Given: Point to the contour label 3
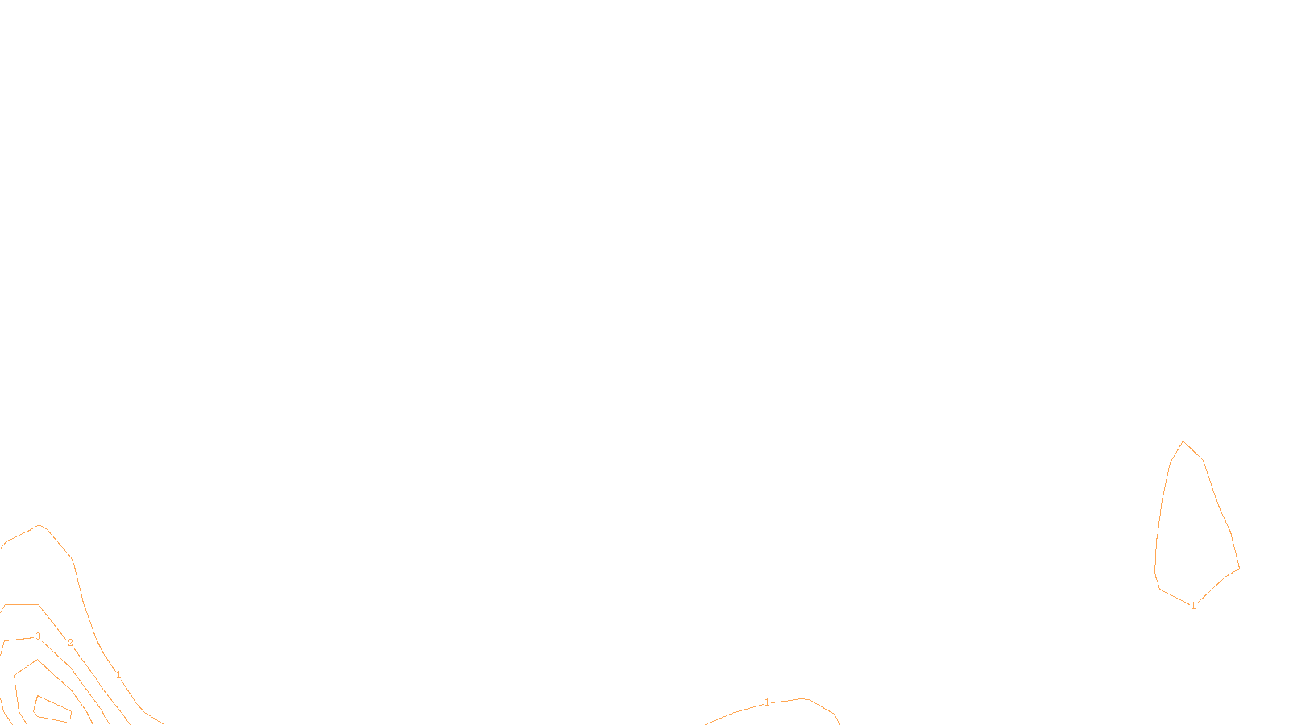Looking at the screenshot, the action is [38, 636].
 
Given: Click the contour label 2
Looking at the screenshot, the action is [70, 643].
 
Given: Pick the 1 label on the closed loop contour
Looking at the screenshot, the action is [1193, 606].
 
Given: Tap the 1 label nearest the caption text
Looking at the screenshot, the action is [767, 702].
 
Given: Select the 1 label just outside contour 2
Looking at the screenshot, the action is [118, 675].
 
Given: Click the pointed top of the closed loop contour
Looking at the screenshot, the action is [1183, 441].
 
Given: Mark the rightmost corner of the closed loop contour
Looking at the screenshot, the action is [1238, 567].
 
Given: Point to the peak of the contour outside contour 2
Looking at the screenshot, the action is [39, 526].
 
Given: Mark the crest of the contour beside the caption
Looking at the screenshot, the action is [802, 698].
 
